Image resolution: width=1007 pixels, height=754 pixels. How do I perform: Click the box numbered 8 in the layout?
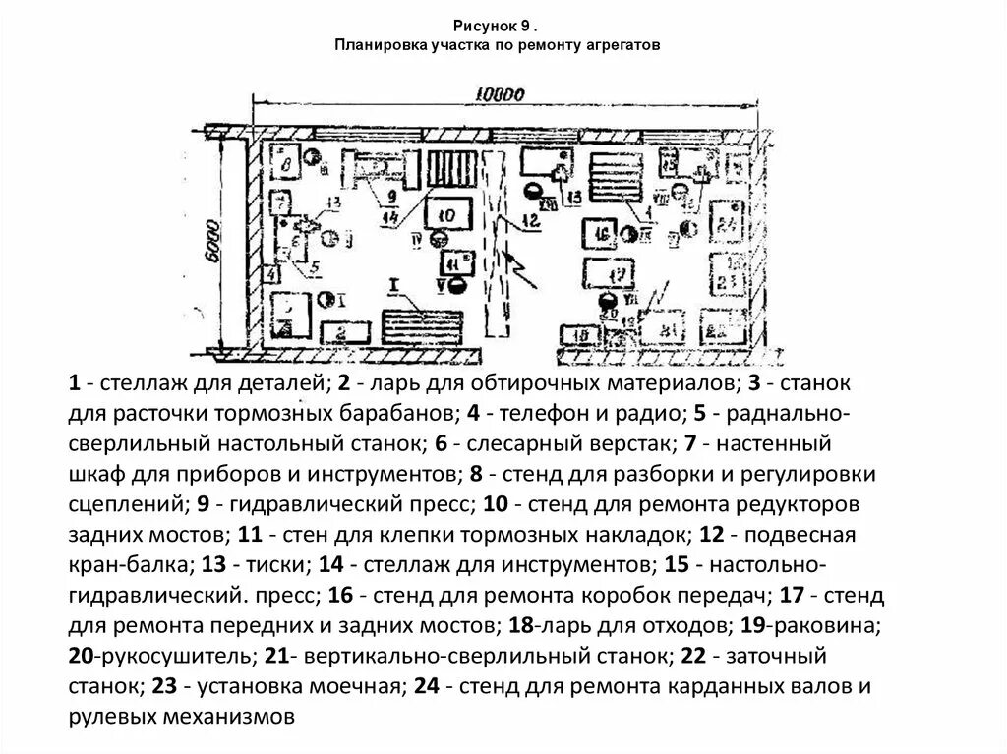[x=285, y=163]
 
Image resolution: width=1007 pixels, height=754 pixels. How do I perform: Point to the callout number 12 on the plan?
[x=531, y=221]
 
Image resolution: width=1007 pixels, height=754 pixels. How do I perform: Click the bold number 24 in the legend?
[x=425, y=686]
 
